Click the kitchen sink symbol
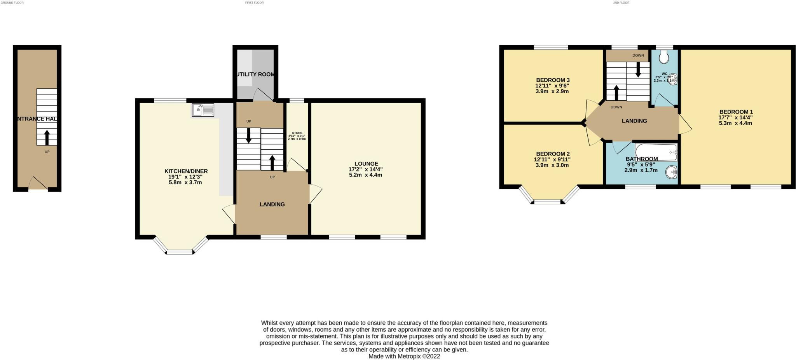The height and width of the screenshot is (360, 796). click(x=203, y=110)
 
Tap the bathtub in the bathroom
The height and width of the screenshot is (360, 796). click(x=656, y=152)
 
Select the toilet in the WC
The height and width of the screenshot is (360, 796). click(x=664, y=58)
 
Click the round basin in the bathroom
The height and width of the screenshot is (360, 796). click(x=671, y=172)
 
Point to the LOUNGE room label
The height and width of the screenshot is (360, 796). click(x=366, y=164)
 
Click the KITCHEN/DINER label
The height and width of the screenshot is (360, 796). click(x=186, y=171)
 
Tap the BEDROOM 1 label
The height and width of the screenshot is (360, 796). click(x=735, y=112)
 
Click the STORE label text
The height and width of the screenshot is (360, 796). click(x=297, y=133)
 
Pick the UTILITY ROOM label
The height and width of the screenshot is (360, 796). click(x=255, y=74)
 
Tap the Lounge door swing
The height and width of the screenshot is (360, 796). click(x=315, y=194)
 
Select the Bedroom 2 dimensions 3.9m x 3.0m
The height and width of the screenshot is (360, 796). click(x=552, y=165)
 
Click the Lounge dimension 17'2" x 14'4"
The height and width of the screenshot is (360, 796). click(x=366, y=170)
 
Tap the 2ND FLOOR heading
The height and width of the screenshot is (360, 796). click(x=621, y=3)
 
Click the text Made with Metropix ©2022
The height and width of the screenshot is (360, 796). click(x=404, y=356)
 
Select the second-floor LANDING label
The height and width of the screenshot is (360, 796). click(x=634, y=121)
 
